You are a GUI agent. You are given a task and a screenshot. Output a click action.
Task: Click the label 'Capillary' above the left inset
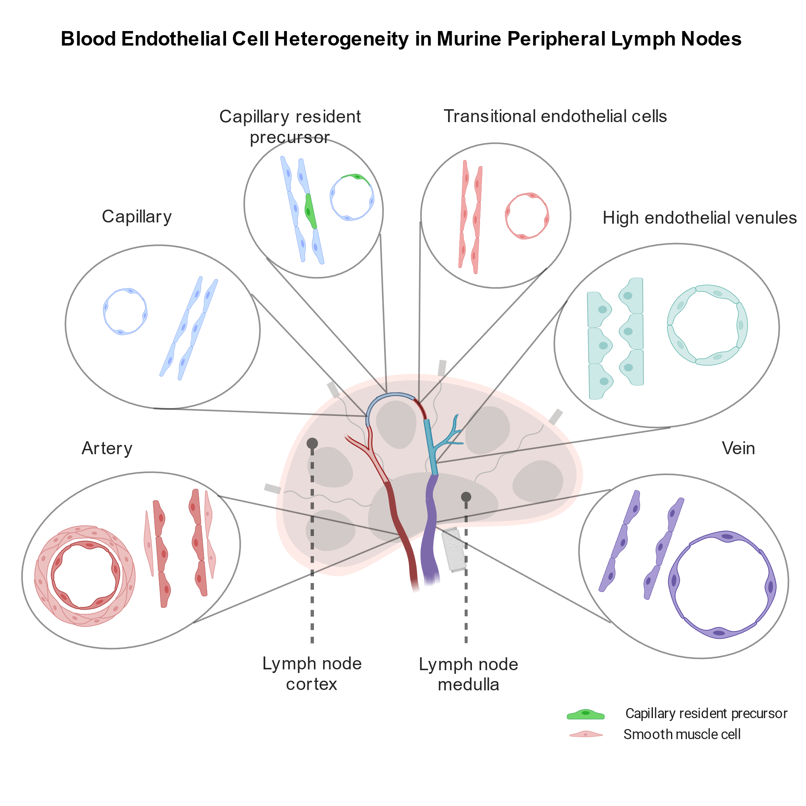click(137, 216)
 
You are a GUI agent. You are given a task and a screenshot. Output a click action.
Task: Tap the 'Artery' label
click(107, 449)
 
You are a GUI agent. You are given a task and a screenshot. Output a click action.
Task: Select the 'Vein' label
click(738, 449)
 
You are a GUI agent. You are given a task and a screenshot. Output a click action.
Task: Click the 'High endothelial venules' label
click(699, 218)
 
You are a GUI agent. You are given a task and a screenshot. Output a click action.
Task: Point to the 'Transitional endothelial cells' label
click(555, 116)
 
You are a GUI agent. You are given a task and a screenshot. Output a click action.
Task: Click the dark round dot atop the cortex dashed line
click(312, 443)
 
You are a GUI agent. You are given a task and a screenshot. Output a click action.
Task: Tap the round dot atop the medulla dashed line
click(466, 497)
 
